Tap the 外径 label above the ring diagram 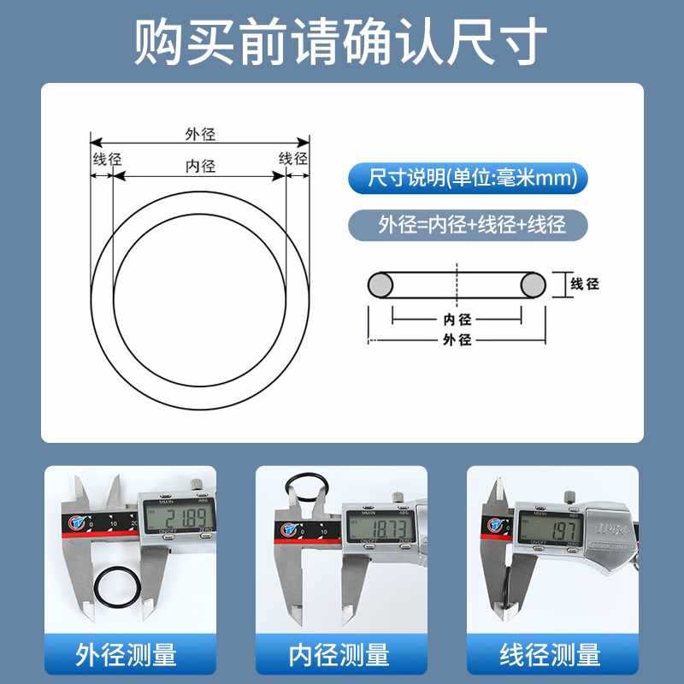[x=199, y=133]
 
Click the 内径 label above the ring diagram [x=199, y=166]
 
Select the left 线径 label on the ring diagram [x=107, y=159]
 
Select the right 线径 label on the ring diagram [x=293, y=158]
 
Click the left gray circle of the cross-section [x=380, y=285]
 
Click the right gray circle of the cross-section [x=534, y=285]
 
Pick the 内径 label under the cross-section [x=457, y=319]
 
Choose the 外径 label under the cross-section [x=457, y=339]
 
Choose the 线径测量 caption [x=551, y=656]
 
